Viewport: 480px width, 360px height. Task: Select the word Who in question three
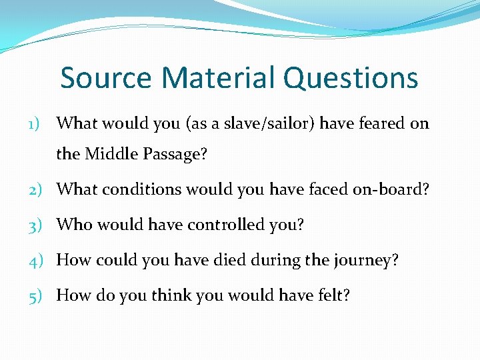coord(74,225)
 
